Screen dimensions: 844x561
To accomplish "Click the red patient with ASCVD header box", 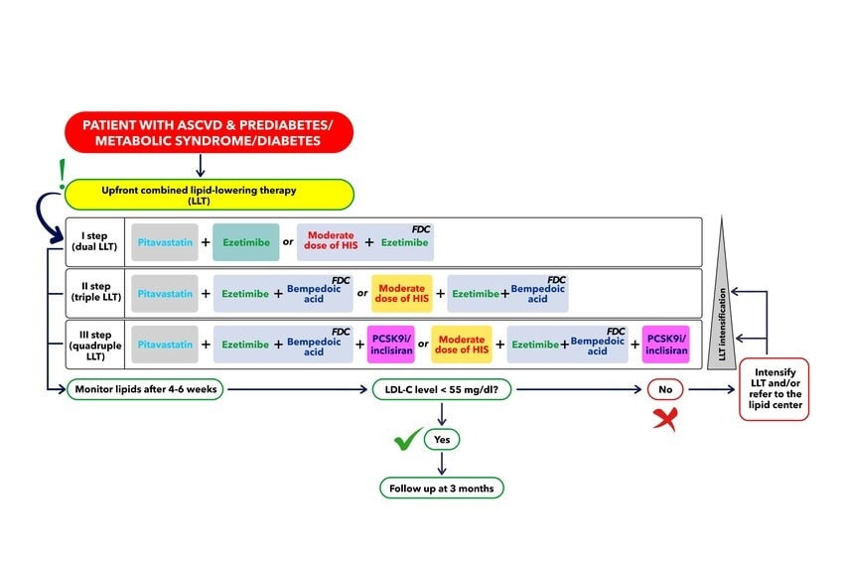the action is tap(209, 132).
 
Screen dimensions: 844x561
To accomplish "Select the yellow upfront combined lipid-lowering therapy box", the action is tap(210, 195).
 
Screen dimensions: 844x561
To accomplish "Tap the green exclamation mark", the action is tap(62, 174).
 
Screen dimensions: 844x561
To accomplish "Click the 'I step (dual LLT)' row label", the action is tap(94, 241).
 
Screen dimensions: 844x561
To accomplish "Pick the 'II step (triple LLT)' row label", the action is tap(95, 292).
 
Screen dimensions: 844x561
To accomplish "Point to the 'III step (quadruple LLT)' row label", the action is tap(95, 346).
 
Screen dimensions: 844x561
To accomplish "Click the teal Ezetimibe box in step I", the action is tap(246, 242).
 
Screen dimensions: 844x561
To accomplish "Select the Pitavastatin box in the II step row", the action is tap(165, 294).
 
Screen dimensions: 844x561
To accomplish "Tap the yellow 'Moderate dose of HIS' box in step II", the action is tap(401, 294).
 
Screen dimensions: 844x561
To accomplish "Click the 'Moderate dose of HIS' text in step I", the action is tap(331, 240).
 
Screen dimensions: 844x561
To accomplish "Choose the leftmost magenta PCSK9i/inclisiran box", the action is tap(391, 345).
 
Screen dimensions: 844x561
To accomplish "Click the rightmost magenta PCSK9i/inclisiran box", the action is tap(666, 345).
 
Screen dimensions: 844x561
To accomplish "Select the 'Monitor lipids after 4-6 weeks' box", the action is tap(145, 389).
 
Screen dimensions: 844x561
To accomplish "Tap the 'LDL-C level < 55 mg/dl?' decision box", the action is tap(442, 389).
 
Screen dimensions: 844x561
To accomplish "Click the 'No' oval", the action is tap(665, 389).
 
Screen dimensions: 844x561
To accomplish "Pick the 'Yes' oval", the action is tap(442, 439).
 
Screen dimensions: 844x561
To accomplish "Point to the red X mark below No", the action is tap(666, 419).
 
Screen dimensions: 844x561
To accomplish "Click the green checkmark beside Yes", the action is tap(408, 439).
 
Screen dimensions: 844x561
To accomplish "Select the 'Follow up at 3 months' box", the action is tap(442, 489).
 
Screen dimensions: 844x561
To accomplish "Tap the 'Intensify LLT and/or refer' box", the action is tap(774, 389).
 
